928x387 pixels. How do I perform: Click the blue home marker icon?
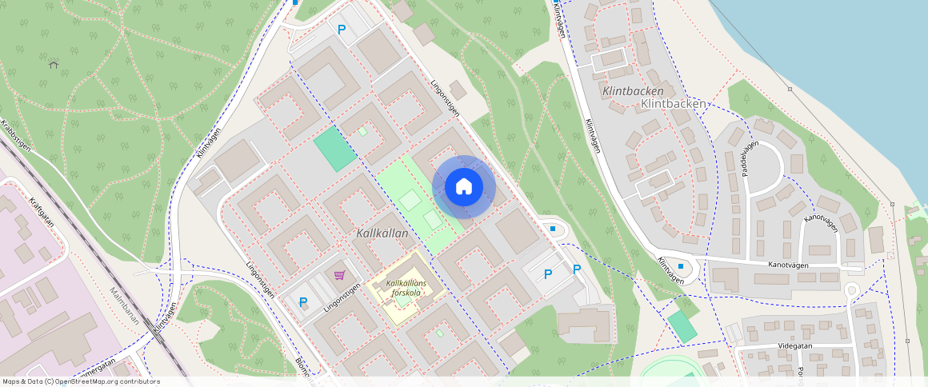coord(463,187)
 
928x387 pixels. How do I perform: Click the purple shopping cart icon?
coord(339,275)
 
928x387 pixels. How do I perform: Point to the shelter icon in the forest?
coord(54,64)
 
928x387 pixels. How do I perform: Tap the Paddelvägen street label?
coord(750,159)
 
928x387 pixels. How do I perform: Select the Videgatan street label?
coord(795,348)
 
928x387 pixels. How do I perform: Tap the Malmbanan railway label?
coord(125,307)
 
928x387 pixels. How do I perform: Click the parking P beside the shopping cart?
coord(303,302)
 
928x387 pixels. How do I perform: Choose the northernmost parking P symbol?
coord(342,30)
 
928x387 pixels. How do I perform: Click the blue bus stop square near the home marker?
coord(553,229)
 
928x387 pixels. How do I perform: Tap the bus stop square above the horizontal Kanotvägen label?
coord(681,265)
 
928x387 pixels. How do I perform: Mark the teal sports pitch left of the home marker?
coord(334,149)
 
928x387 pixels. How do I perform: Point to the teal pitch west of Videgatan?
coord(682,326)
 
